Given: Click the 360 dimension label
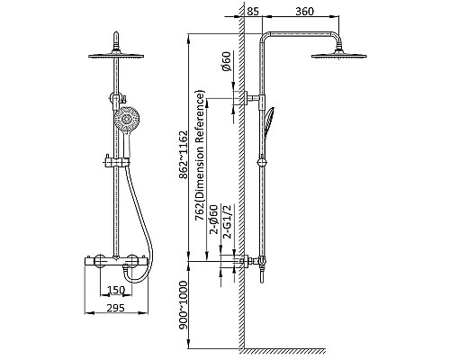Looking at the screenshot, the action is point(304,12).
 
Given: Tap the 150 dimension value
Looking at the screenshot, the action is point(116,290).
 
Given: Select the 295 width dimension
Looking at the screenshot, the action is point(116,308).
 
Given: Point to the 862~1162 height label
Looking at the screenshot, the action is point(183,155).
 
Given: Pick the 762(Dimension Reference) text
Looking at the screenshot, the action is point(200,155).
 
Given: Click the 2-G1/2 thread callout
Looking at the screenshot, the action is point(228,221).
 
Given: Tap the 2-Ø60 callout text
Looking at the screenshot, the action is point(213,220).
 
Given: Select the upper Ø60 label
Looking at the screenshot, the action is point(227,61).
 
